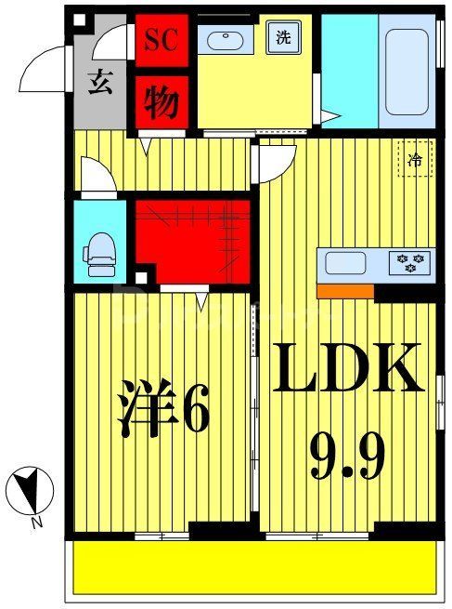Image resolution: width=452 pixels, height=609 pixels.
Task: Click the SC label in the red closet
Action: [161, 40]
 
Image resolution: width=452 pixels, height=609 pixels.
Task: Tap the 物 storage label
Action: [161, 102]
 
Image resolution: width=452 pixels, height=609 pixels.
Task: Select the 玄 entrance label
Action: [100, 82]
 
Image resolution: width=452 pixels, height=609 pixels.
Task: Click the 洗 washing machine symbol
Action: [283, 37]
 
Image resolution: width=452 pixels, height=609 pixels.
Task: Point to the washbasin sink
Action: [226, 40]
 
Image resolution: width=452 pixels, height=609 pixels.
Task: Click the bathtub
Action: [407, 73]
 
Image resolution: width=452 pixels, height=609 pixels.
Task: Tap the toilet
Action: [99, 255]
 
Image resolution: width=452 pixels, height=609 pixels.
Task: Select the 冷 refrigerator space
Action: [415, 159]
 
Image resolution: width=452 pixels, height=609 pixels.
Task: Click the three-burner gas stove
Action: [409, 263]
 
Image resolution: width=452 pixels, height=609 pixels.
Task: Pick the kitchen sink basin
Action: [345, 263]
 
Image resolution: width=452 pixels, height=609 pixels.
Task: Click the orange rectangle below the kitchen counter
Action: [345, 291]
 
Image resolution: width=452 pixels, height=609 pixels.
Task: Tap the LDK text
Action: [348, 367]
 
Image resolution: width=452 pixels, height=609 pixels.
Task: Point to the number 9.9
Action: [347, 457]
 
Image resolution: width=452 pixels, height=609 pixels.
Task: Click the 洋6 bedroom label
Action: [163, 407]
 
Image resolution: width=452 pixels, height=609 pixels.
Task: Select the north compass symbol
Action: [30, 490]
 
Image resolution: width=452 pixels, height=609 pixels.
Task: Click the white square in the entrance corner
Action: [79, 20]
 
